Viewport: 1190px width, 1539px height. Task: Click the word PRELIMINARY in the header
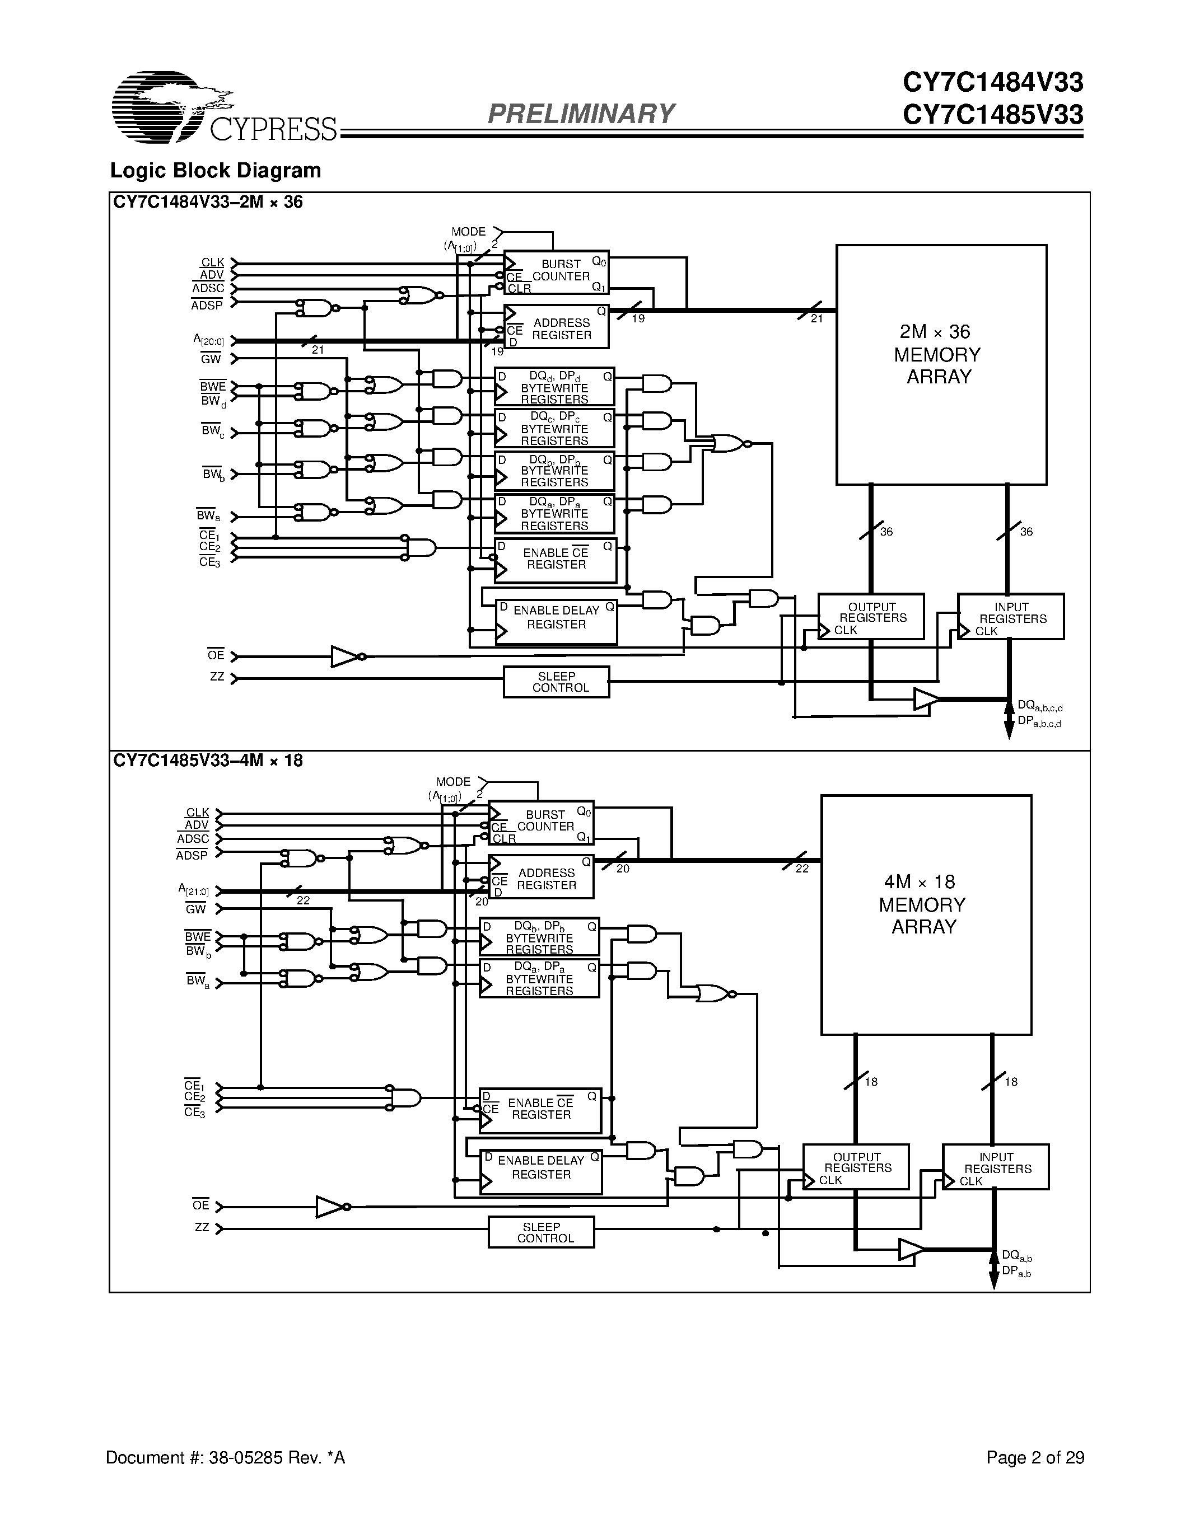[581, 114]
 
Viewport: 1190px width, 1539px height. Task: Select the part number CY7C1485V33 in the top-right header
[993, 115]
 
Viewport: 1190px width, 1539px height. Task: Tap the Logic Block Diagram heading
[215, 171]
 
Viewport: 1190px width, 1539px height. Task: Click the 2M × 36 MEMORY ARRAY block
[940, 364]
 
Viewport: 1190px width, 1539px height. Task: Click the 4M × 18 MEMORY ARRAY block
[926, 914]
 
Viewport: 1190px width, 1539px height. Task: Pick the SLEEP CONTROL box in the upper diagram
[556, 682]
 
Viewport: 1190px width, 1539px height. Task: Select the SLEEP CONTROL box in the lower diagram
[541, 1232]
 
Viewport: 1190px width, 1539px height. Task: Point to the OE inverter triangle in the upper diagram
[345, 657]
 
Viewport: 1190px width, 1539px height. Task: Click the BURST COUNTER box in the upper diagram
[556, 272]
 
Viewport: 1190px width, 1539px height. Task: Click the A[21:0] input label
[193, 890]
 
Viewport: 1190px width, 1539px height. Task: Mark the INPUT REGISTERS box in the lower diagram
[996, 1167]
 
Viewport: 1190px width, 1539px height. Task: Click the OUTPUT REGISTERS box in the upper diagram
[871, 617]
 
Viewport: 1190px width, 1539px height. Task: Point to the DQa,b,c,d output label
[1039, 706]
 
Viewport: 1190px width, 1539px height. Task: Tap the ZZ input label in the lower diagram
[202, 1227]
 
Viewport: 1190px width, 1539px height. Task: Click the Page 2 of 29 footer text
[1035, 1457]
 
